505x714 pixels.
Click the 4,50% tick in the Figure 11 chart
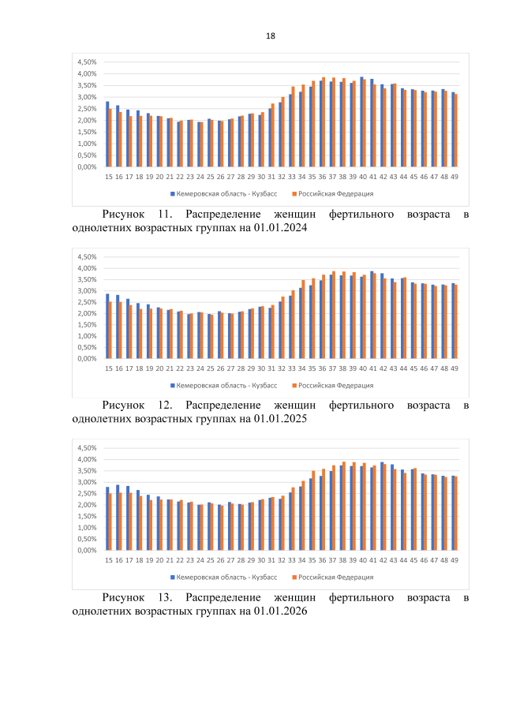pos(86,62)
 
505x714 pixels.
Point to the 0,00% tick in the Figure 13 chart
pos(86,550)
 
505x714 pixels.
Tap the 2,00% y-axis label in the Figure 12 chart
pos(86,313)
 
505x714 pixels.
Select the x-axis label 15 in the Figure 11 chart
pos(108,177)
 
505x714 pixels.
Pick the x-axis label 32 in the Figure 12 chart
pos(282,368)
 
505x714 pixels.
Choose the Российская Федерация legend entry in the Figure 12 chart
pos(333,385)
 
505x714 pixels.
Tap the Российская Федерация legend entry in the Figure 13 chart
pos(333,577)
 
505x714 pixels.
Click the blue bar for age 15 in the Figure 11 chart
pos(107,134)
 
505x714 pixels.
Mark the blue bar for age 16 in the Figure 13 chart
pos(118,518)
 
